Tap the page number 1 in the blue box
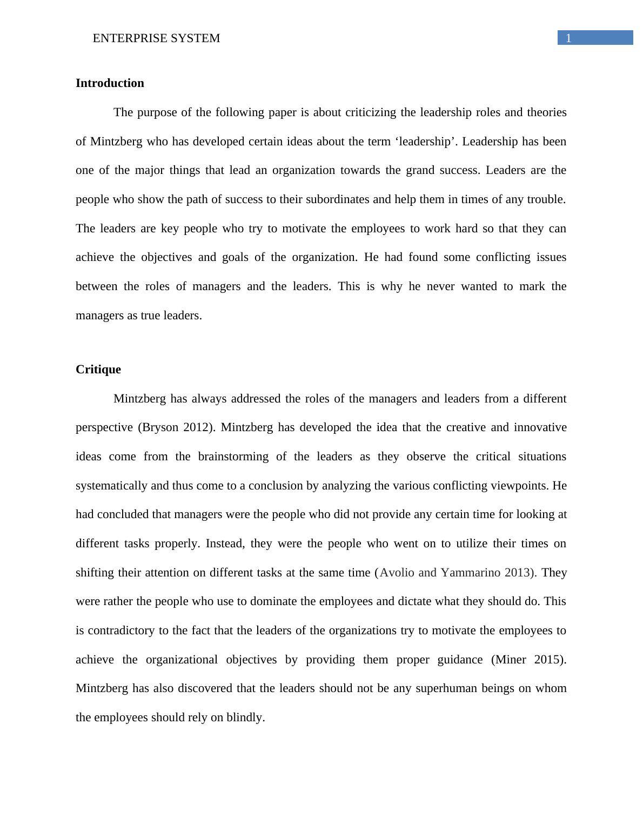[568, 38]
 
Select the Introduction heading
[110, 83]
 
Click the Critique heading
[98, 370]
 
